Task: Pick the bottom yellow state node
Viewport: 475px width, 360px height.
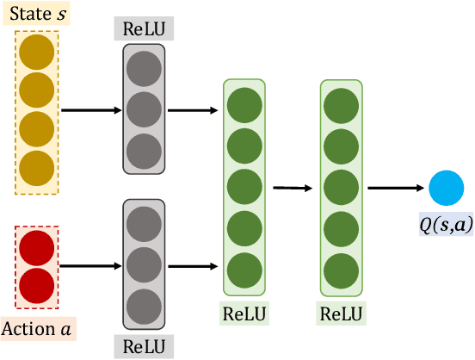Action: (36, 166)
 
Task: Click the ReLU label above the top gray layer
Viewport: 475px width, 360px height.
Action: (144, 28)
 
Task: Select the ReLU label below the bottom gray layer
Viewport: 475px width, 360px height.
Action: (144, 347)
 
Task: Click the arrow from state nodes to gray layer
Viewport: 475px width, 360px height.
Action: (91, 110)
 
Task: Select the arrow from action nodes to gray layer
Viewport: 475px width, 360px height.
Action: (91, 266)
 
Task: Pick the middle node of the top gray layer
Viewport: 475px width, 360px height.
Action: (144, 110)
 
